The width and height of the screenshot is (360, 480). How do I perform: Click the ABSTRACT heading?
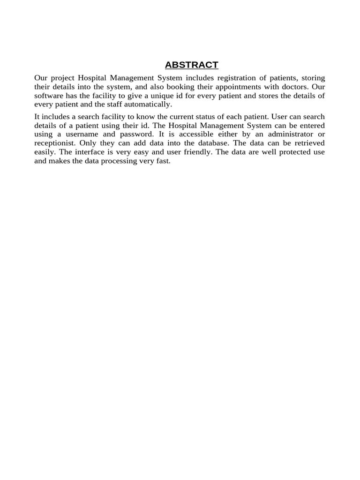191,65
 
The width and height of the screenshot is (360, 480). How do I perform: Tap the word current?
177,117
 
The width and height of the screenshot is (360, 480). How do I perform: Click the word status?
205,117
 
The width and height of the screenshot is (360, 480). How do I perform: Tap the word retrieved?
307,143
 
